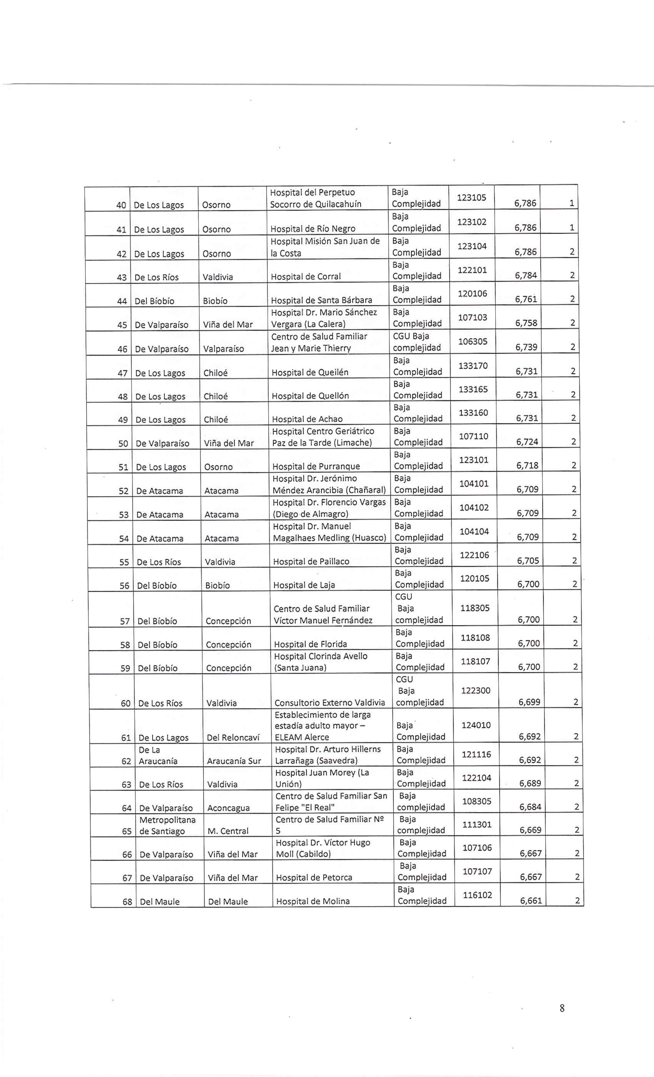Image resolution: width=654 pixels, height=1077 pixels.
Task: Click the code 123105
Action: (x=471, y=197)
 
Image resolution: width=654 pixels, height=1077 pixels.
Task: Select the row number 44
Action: (x=122, y=301)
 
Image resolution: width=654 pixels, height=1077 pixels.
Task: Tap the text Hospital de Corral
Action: (x=305, y=277)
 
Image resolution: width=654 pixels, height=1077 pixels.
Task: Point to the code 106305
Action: (x=473, y=341)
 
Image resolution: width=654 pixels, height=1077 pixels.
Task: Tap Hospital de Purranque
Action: (x=316, y=467)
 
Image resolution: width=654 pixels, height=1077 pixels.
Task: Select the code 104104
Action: (x=474, y=532)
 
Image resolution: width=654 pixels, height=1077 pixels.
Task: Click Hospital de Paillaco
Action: (x=311, y=562)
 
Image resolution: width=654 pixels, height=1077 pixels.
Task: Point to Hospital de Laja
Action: (x=298, y=585)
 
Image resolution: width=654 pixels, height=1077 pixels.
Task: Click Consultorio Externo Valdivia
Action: (x=330, y=703)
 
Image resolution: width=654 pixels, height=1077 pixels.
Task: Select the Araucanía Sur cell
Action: (x=234, y=761)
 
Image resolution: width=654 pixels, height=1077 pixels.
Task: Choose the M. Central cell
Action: (x=228, y=831)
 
